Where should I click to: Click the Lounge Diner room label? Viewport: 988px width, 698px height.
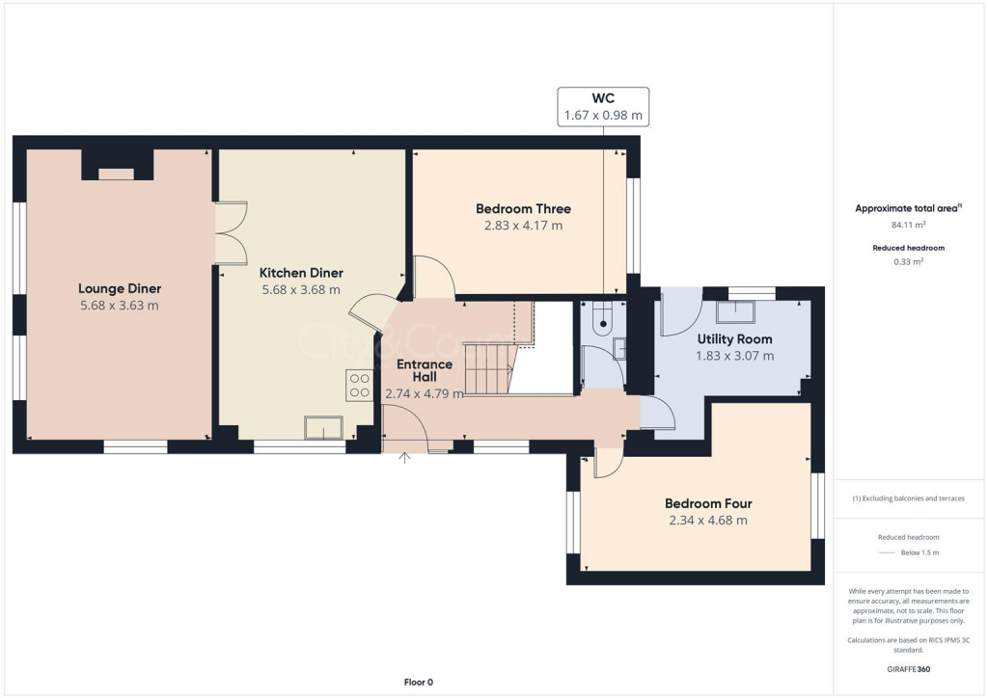point(120,288)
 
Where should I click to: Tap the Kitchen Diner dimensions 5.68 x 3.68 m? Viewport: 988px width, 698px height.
point(300,289)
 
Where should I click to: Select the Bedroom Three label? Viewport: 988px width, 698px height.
point(523,208)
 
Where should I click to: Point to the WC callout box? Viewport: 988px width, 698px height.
point(603,106)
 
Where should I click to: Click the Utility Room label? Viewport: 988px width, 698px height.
point(734,339)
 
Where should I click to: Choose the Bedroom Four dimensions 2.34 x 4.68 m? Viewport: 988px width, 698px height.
point(708,521)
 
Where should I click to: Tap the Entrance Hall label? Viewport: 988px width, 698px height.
point(425,370)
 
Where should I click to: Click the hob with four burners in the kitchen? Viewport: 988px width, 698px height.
point(359,386)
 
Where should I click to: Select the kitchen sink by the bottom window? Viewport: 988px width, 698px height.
point(323,427)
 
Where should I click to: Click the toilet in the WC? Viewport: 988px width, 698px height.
point(604,315)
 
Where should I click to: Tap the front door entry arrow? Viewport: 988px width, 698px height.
point(405,457)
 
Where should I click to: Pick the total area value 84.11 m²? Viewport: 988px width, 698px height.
point(909,225)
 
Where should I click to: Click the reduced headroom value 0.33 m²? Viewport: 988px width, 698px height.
point(909,261)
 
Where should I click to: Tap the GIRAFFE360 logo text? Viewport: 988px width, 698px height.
point(909,669)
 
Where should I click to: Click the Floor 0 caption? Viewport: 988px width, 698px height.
point(418,683)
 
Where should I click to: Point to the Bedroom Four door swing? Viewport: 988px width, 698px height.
point(608,464)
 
